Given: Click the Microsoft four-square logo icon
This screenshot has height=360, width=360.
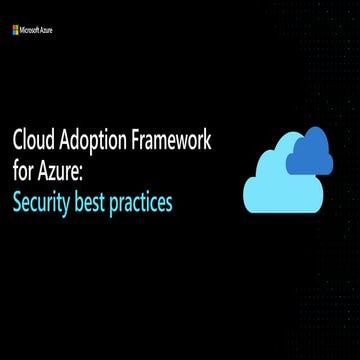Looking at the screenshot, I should pyautogui.click(x=16, y=30).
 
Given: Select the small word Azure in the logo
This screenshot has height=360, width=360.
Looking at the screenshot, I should pyautogui.click(x=47, y=30).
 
